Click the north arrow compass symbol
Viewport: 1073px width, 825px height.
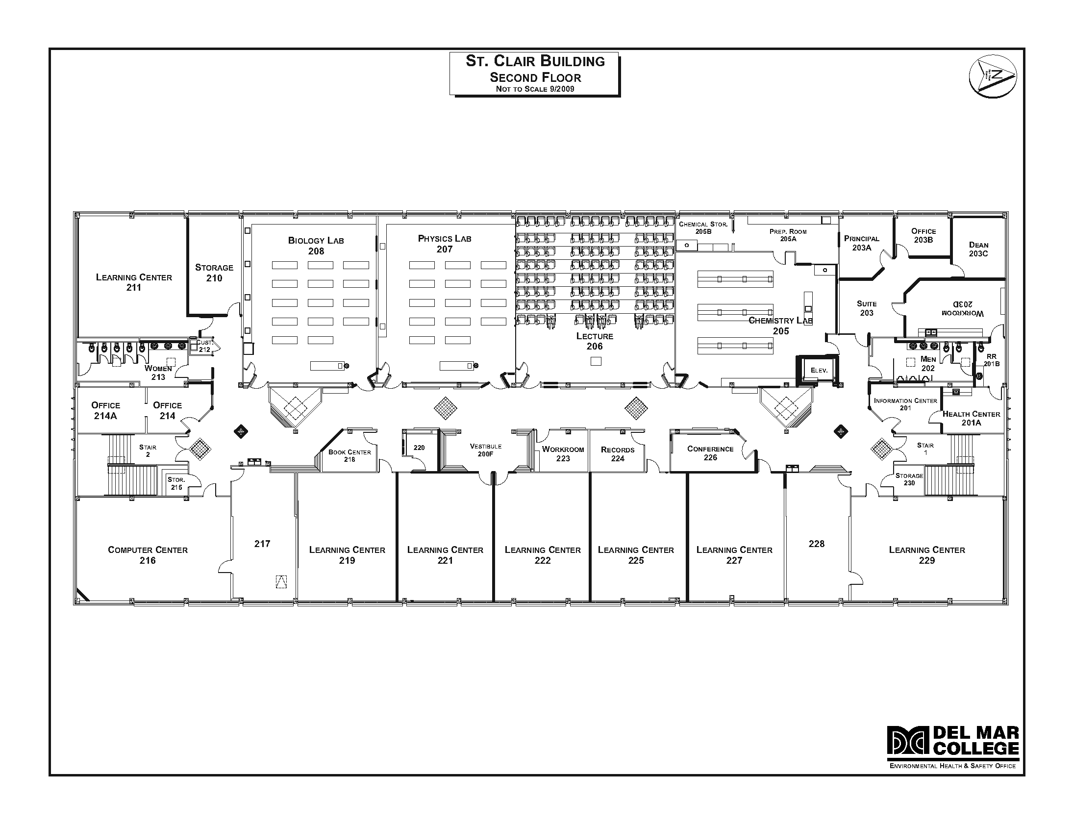(993, 76)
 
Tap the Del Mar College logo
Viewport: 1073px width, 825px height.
(952, 747)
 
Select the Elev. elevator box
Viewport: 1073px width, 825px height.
(819, 370)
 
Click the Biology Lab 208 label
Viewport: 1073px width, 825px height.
(316, 246)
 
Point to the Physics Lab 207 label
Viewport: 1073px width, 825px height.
(445, 244)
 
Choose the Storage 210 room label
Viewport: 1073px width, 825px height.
(214, 273)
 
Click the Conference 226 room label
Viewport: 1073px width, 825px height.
(710, 453)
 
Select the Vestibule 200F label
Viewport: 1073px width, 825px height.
(485, 450)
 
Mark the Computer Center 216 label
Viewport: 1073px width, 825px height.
(148, 555)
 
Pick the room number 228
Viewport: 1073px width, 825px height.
(816, 544)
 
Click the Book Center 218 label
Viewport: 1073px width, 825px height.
(349, 455)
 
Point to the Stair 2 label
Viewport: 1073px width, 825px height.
(148, 450)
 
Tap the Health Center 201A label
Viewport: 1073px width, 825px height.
(971, 418)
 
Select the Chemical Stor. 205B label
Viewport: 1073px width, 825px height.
(703, 227)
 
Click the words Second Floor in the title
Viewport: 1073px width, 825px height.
(535, 77)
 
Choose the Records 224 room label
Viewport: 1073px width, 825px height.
(617, 454)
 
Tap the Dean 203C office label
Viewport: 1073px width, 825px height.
(978, 249)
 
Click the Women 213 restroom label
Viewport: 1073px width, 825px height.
(158, 372)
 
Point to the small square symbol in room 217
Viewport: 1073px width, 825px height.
(281, 581)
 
